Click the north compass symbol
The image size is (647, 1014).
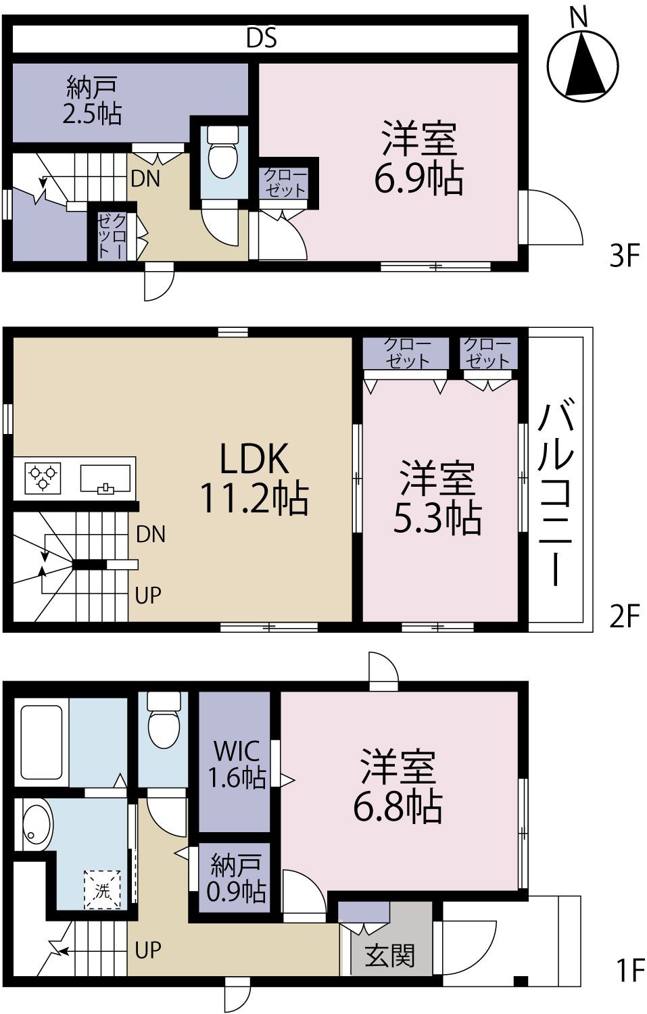583,64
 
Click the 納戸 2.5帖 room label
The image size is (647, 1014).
92,100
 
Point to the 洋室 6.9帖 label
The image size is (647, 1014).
418,157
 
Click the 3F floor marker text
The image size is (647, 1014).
625,256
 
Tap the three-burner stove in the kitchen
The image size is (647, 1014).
43,479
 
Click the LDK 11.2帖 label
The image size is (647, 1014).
254,479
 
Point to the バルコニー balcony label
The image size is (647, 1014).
556,491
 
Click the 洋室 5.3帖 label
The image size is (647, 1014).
437,497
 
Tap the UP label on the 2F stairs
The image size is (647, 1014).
147,595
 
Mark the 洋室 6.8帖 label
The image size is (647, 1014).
398,786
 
